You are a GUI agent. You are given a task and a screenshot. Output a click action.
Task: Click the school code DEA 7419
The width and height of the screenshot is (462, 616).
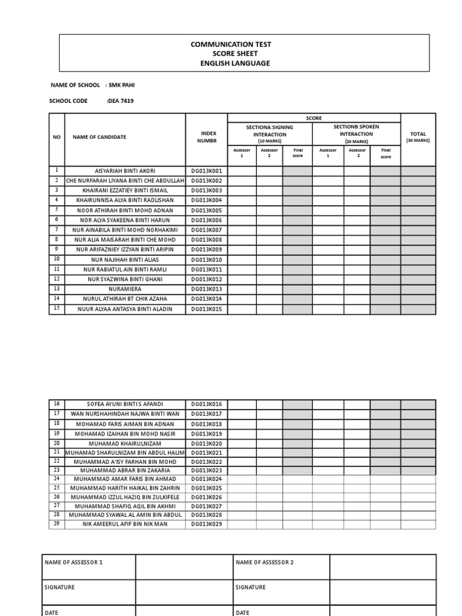(x=120, y=101)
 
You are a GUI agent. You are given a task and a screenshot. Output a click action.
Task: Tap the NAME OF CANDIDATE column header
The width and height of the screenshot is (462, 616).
(x=99, y=137)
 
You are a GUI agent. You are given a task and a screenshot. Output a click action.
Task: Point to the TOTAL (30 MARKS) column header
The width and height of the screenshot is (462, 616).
(x=417, y=137)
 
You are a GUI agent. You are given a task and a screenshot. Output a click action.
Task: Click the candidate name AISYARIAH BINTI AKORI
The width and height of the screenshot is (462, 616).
(x=125, y=171)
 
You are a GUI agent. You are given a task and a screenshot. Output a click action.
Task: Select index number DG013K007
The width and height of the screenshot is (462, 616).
(x=206, y=230)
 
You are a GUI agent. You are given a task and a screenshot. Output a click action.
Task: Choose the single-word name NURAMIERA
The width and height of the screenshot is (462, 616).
(x=125, y=289)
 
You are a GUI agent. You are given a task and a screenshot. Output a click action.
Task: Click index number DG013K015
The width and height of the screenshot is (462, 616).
(x=206, y=309)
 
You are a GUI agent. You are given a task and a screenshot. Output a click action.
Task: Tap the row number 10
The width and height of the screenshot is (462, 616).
(x=57, y=259)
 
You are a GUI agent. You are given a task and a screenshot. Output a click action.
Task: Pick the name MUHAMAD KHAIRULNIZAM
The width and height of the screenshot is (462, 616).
(x=125, y=443)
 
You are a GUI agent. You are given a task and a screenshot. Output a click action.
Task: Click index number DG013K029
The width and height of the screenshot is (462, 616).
(x=206, y=524)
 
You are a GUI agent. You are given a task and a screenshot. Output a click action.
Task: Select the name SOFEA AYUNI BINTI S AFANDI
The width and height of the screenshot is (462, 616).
(x=125, y=404)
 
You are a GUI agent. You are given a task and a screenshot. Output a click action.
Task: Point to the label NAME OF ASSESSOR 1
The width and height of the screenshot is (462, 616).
(x=73, y=562)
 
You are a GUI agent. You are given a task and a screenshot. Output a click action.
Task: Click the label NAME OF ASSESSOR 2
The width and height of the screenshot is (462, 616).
(x=265, y=562)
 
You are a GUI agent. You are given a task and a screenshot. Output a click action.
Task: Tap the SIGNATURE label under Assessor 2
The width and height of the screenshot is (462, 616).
(x=250, y=587)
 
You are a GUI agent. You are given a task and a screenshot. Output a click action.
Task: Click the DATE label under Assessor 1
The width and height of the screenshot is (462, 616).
(x=52, y=612)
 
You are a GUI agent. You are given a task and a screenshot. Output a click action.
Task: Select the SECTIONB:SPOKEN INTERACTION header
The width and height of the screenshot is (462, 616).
(x=356, y=131)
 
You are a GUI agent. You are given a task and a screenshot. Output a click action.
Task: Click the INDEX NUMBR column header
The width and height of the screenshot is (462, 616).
(x=206, y=137)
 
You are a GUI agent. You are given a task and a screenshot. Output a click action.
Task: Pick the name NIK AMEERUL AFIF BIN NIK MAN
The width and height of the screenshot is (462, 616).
(x=125, y=524)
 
